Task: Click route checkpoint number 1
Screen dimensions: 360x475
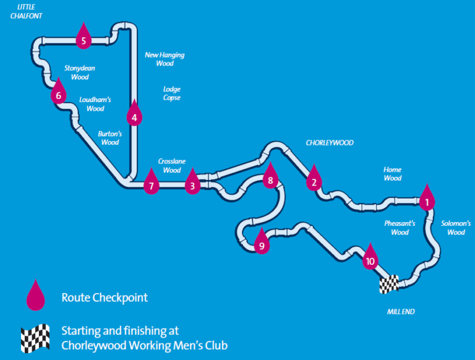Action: tap(426, 199)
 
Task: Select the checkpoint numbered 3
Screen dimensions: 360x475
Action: tap(192, 182)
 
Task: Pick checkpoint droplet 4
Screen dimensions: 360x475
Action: tap(134, 114)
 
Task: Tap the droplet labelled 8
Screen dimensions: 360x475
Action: tap(269, 178)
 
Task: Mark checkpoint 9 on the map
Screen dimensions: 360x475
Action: tap(262, 244)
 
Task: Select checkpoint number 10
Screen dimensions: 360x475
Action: tap(370, 259)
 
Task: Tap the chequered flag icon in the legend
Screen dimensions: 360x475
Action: tap(35, 338)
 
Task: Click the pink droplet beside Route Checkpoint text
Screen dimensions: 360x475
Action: tap(35, 296)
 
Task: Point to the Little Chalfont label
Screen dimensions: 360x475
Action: tap(26, 11)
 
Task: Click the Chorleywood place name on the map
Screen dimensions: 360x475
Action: tap(330, 143)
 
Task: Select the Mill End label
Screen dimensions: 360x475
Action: tap(401, 312)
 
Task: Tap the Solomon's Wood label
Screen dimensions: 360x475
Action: tap(456, 228)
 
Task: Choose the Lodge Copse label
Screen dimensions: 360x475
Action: tap(172, 93)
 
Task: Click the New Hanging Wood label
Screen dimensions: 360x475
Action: tap(165, 59)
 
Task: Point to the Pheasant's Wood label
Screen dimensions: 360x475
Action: tap(400, 228)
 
